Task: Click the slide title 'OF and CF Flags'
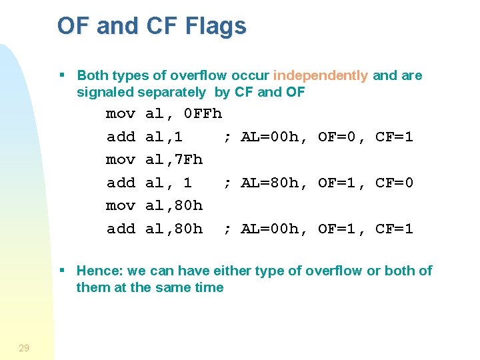[151, 26]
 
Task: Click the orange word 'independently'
[320, 75]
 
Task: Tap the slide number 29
[24, 347]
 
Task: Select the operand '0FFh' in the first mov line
[203, 114]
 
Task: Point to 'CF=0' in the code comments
[394, 183]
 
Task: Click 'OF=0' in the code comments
[337, 137]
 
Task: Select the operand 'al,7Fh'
[174, 160]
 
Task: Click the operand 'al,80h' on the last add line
[174, 229]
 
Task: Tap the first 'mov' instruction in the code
[121, 114]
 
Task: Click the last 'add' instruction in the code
[121, 229]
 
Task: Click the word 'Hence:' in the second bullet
[98, 271]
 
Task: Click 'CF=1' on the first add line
[394, 137]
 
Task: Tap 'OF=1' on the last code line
[337, 229]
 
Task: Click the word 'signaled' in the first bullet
[105, 92]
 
